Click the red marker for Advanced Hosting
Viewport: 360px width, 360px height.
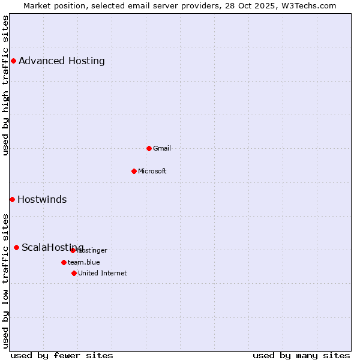point(13,61)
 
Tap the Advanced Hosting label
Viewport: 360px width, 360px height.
point(62,61)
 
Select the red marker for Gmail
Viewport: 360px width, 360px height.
point(149,148)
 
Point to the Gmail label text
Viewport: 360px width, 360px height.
point(162,148)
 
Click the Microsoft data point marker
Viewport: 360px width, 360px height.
point(134,171)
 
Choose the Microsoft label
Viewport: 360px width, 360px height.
point(152,171)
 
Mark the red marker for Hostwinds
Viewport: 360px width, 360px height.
point(12,199)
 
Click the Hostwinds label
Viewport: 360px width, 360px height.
point(42,199)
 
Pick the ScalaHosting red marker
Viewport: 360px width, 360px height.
point(16,247)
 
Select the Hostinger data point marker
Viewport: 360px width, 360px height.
point(73,250)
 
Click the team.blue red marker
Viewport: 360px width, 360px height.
point(64,262)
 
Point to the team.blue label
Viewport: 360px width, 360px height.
point(84,262)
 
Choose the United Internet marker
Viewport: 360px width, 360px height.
point(74,273)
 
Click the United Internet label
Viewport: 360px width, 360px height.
point(103,273)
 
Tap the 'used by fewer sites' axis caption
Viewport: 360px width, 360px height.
point(62,355)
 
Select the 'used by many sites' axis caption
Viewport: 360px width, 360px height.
point(301,355)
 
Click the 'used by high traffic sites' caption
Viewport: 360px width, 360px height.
point(5,86)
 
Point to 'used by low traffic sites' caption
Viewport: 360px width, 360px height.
point(5,281)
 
